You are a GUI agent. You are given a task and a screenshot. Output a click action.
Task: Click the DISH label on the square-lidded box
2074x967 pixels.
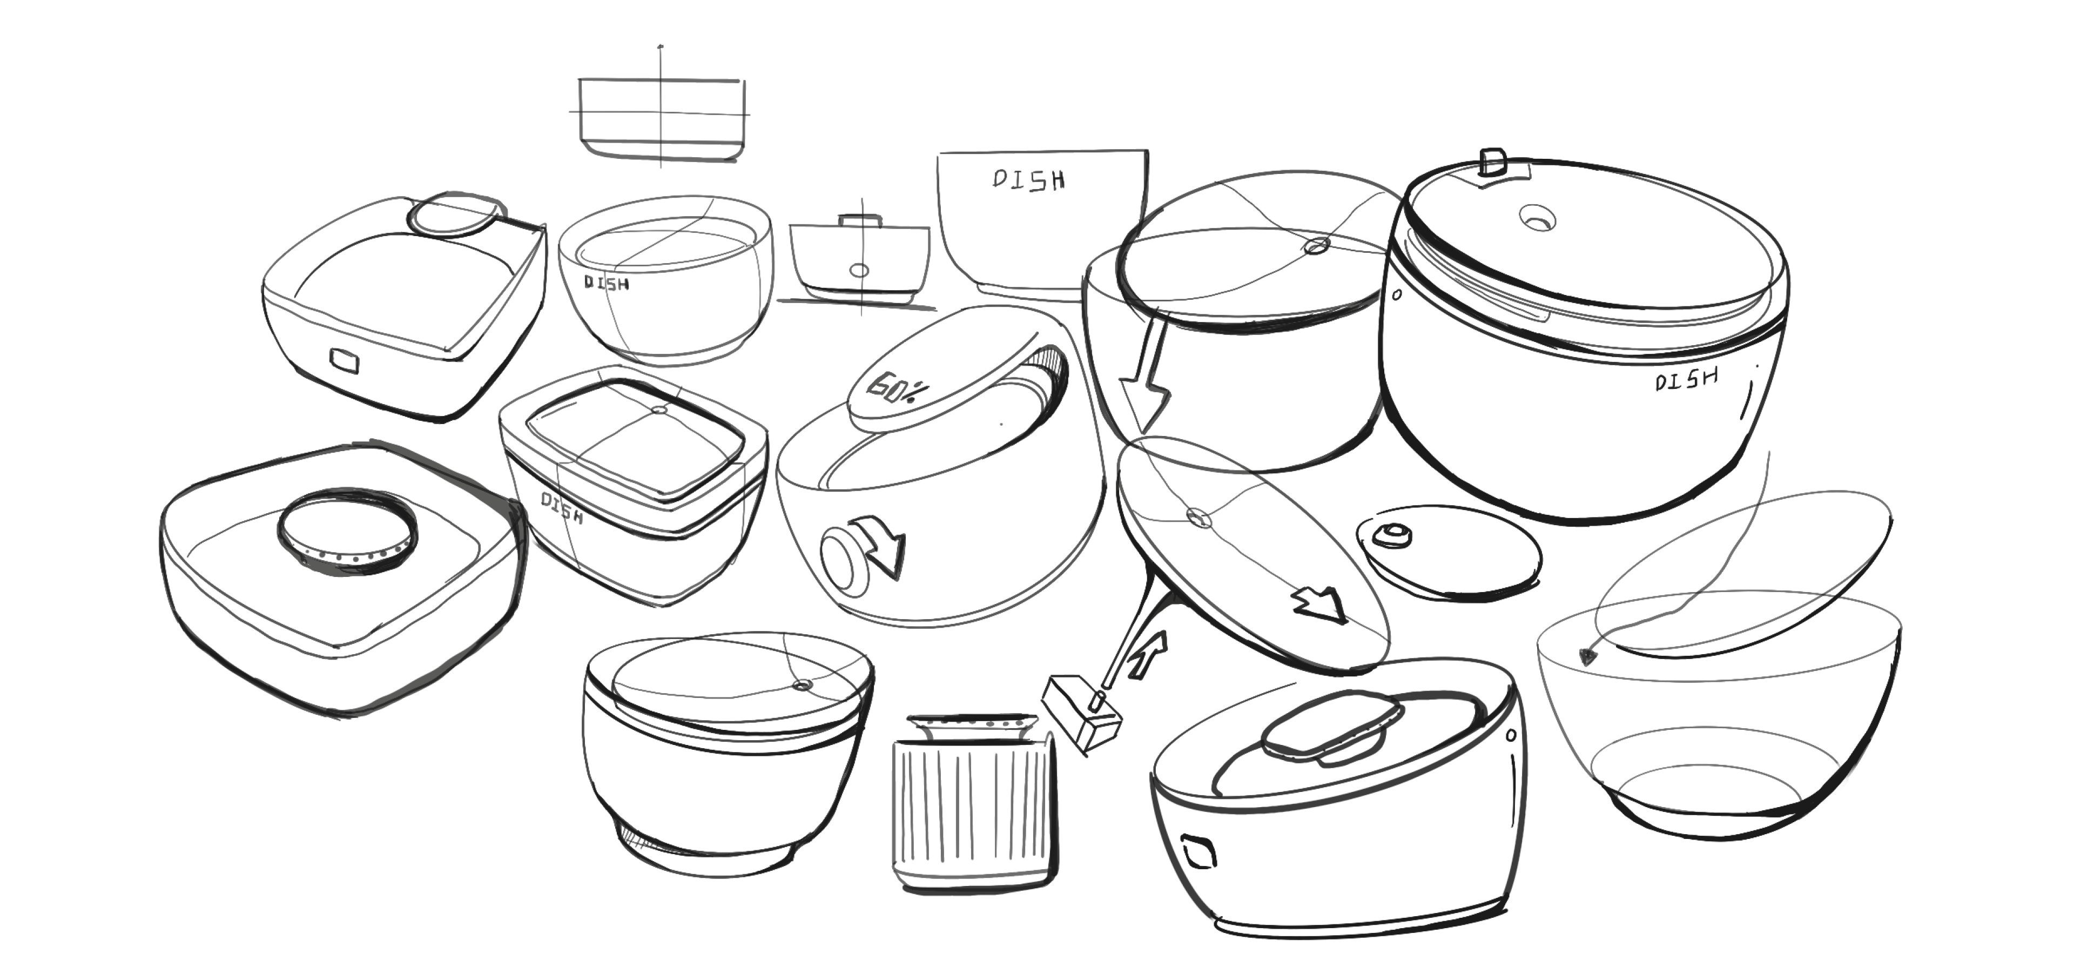point(561,507)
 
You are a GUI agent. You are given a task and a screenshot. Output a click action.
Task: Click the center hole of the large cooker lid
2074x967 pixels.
point(1537,217)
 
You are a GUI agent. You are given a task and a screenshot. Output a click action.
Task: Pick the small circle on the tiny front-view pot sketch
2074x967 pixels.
point(859,271)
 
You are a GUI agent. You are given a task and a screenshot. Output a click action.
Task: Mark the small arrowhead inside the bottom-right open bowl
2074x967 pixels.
point(1587,656)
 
